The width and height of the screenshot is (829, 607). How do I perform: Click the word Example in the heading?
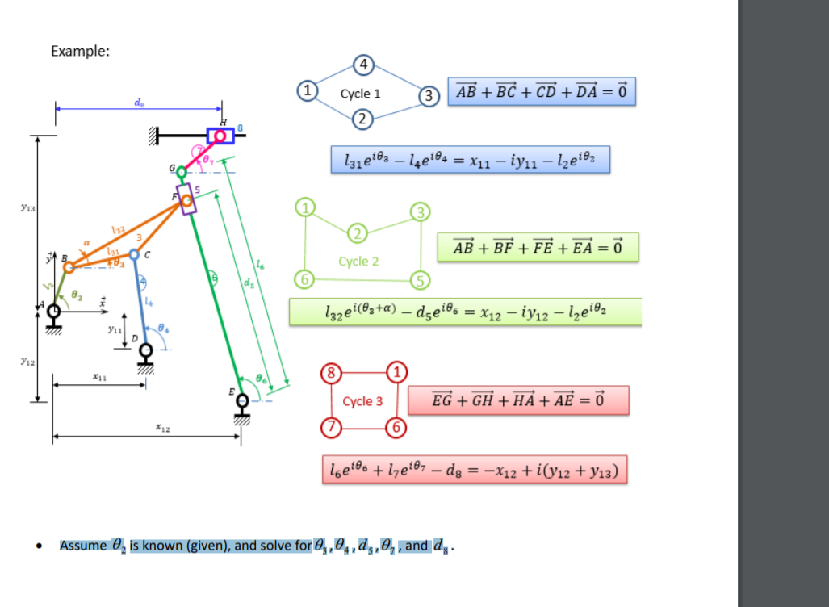(80, 51)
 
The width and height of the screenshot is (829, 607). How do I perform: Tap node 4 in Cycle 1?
(364, 64)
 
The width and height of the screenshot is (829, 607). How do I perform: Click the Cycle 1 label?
(360, 94)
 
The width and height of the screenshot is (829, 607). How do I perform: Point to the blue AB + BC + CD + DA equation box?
(541, 92)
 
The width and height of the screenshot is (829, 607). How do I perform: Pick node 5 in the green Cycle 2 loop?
(419, 279)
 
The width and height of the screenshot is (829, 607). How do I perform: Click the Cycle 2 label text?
(358, 262)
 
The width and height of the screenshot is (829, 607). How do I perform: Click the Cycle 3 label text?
(362, 401)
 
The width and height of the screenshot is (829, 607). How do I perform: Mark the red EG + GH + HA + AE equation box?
(518, 400)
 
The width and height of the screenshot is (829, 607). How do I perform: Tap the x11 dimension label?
(98, 375)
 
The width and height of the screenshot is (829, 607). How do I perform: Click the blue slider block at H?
(220, 136)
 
